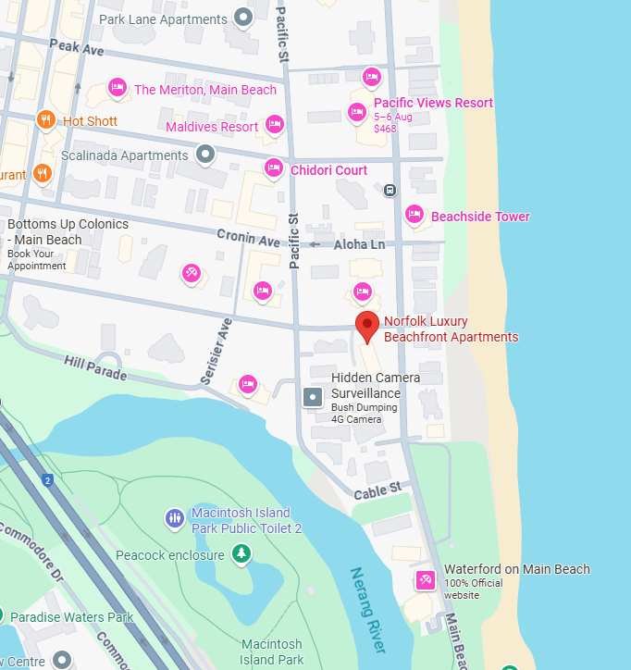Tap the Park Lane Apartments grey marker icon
pyautogui.click(x=243, y=17)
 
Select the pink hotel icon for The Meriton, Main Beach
pyautogui.click(x=118, y=88)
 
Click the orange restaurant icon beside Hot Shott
pyautogui.click(x=45, y=120)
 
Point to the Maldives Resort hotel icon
pyautogui.click(x=274, y=124)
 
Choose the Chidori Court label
pyautogui.click(x=328, y=170)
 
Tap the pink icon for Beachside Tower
pyautogui.click(x=414, y=215)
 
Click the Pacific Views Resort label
pyautogui.click(x=433, y=103)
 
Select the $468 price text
pyautogui.click(x=385, y=129)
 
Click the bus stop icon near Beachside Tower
pyautogui.click(x=390, y=190)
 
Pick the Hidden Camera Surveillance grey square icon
pyautogui.click(x=313, y=397)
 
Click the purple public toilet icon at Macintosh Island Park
pyautogui.click(x=174, y=518)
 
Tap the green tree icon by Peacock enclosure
pyautogui.click(x=241, y=553)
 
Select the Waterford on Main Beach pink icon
pyautogui.click(x=425, y=580)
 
